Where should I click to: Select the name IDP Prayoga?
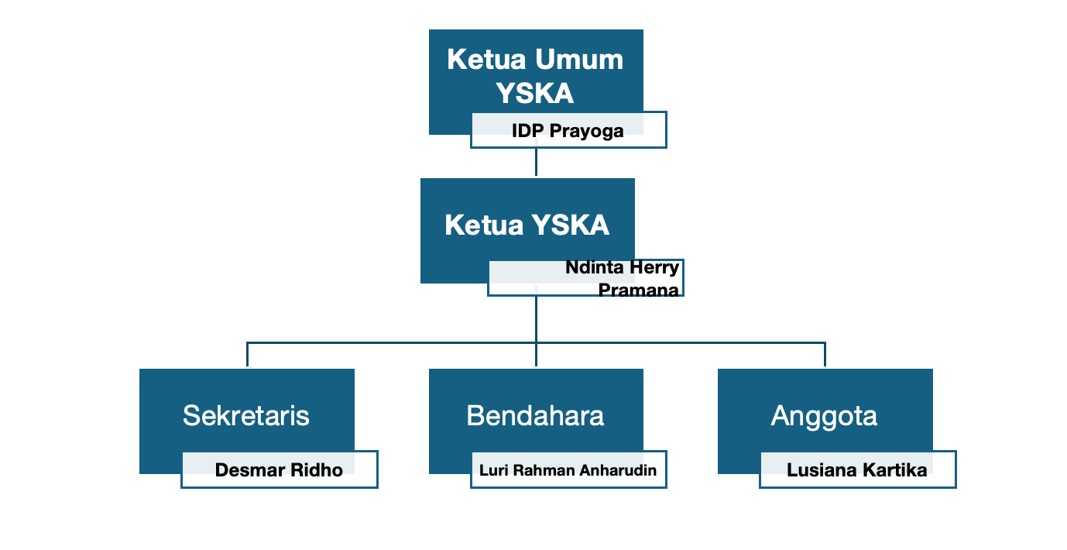pyautogui.click(x=568, y=131)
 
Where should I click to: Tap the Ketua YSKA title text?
pyautogui.click(x=527, y=225)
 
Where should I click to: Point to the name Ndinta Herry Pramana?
pyautogui.click(x=622, y=279)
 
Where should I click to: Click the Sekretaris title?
pyautogui.click(x=246, y=416)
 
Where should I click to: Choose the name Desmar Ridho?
pyautogui.click(x=279, y=470)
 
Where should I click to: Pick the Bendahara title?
pyautogui.click(x=535, y=416)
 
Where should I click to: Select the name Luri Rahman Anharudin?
pyautogui.click(x=568, y=470)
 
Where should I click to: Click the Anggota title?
pyautogui.click(x=824, y=416)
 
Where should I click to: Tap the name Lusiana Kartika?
pyautogui.click(x=856, y=470)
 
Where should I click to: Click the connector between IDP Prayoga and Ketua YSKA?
pyautogui.click(x=536, y=163)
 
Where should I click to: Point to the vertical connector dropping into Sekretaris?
pyautogui.click(x=247, y=354)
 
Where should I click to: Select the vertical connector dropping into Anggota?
pyautogui.click(x=825, y=354)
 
